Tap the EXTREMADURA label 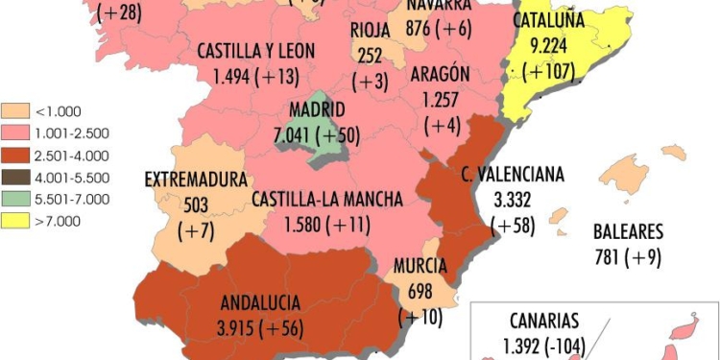click(196, 180)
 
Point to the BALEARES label click(628, 231)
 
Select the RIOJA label click(370, 28)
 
